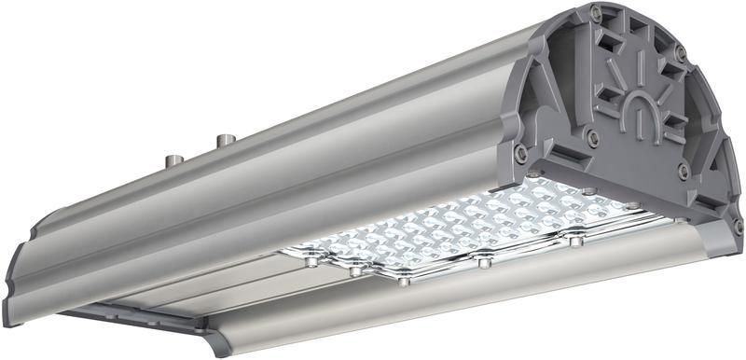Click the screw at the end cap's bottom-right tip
click(x=737, y=226)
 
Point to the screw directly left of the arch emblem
click(x=591, y=136)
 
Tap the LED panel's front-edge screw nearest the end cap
click(x=575, y=241)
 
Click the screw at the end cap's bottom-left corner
click(x=521, y=149)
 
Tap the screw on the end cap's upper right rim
click(x=681, y=55)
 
